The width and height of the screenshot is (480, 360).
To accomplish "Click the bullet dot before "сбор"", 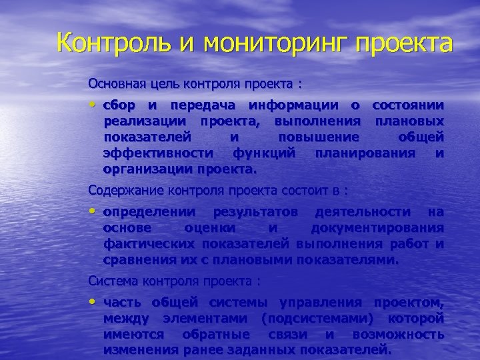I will [93, 105].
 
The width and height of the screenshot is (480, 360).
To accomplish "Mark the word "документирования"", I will [387, 228].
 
